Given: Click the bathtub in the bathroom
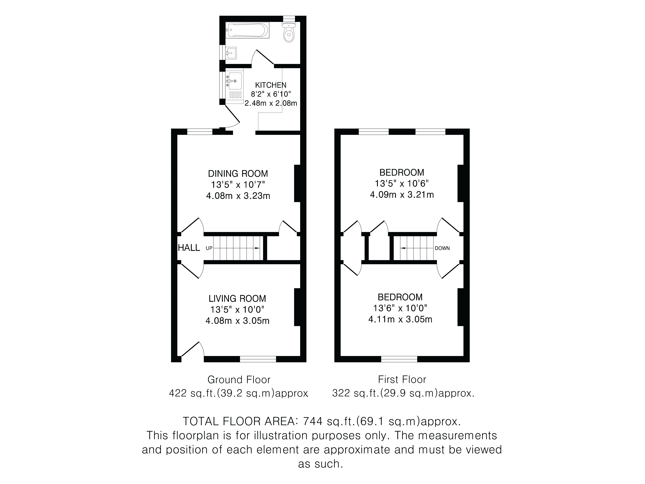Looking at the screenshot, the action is click(x=247, y=30).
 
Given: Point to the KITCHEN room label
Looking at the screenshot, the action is click(x=271, y=85).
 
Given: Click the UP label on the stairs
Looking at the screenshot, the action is click(x=209, y=248).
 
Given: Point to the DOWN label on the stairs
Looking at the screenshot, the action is click(x=442, y=248).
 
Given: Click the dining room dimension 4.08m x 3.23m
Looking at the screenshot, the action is click(x=238, y=196).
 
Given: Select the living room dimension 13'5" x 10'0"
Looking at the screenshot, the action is click(x=237, y=310).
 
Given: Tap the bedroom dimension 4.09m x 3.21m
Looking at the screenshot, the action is click(x=402, y=195).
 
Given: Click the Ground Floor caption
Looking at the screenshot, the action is click(x=239, y=380).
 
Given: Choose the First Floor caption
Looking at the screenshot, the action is click(x=402, y=380).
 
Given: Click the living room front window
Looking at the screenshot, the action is click(x=258, y=359).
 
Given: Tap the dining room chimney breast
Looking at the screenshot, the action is click(x=297, y=183).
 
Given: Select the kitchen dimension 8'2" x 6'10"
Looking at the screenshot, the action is click(x=271, y=94).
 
